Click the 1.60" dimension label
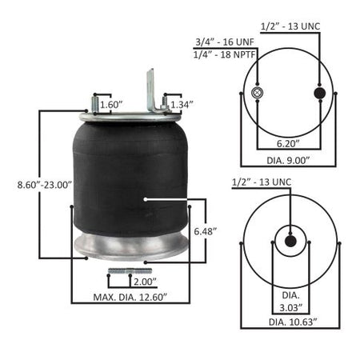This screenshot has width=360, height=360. point(110,105)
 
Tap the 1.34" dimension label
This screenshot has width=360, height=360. point(182,105)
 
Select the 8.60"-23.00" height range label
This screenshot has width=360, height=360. point(45,185)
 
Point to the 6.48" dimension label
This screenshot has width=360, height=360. point(205,231)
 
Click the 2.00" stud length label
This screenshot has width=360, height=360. point(145,282)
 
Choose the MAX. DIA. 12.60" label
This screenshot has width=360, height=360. point(130,297)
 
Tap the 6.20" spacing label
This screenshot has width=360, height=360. point(288,143)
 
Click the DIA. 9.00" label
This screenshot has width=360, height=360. point(288,160)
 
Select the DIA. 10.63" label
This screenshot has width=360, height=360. point(293,322)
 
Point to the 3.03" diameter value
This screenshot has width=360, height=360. point(290,308)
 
